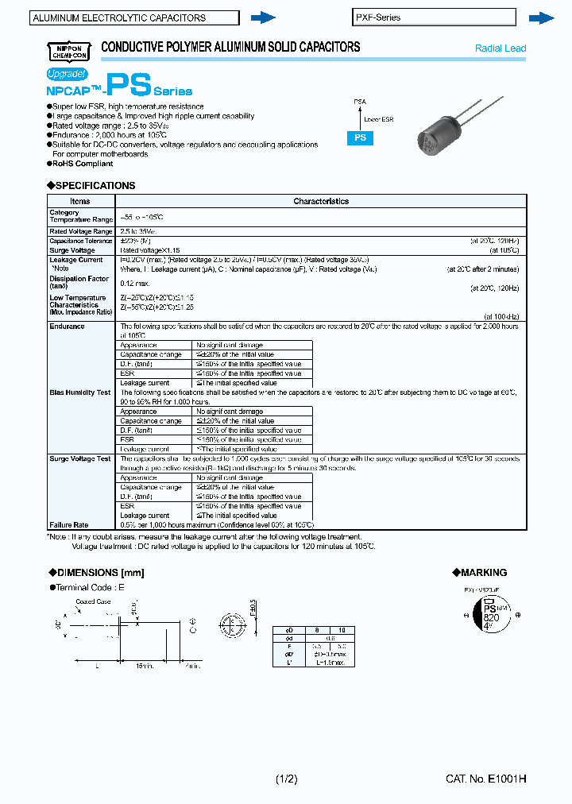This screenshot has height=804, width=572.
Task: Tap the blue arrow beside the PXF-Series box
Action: (541, 17)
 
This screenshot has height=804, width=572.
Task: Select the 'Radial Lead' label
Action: (500, 48)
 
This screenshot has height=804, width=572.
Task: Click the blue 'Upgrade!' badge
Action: (66, 73)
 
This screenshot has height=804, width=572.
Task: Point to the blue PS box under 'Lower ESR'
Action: (360, 137)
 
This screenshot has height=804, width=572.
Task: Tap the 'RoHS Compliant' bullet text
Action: (82, 164)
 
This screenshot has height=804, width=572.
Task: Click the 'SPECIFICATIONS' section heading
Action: (92, 186)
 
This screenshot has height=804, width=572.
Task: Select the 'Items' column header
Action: (81, 202)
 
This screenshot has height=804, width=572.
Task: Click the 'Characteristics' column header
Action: (321, 202)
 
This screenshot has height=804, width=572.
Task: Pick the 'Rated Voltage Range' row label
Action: (81, 231)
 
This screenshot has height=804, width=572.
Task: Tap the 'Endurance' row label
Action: (68, 327)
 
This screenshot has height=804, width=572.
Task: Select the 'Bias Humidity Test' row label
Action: (80, 392)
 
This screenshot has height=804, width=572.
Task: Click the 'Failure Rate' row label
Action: (69, 525)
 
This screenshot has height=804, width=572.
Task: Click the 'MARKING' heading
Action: (483, 573)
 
